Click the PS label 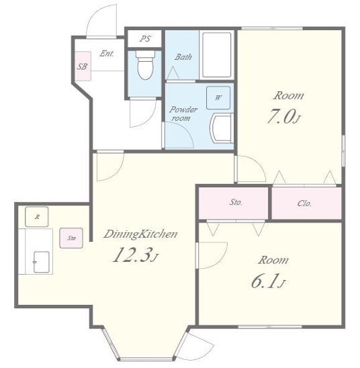(x=145, y=38)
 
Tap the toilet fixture (x=145, y=65)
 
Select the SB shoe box (x=83, y=66)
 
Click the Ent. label (x=107, y=54)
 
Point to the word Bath (x=183, y=57)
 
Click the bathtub (x=217, y=55)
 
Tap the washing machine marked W (x=218, y=98)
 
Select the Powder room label (x=183, y=113)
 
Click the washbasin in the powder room (x=222, y=128)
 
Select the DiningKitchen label (x=140, y=234)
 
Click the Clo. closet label (x=304, y=203)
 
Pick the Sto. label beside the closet (x=236, y=202)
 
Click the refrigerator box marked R (x=37, y=217)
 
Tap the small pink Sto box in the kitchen (x=71, y=238)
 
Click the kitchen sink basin (x=41, y=262)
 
